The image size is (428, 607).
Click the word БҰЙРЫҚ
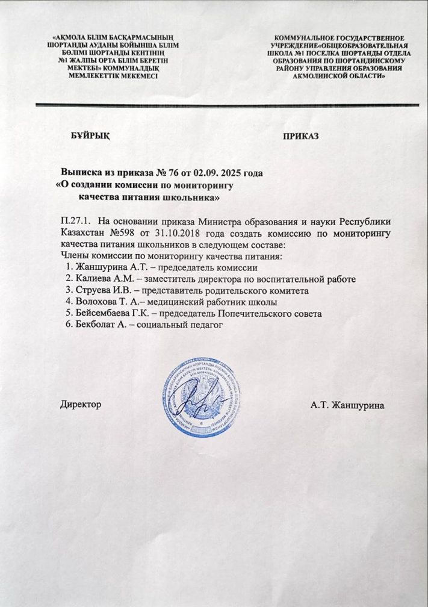91,135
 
